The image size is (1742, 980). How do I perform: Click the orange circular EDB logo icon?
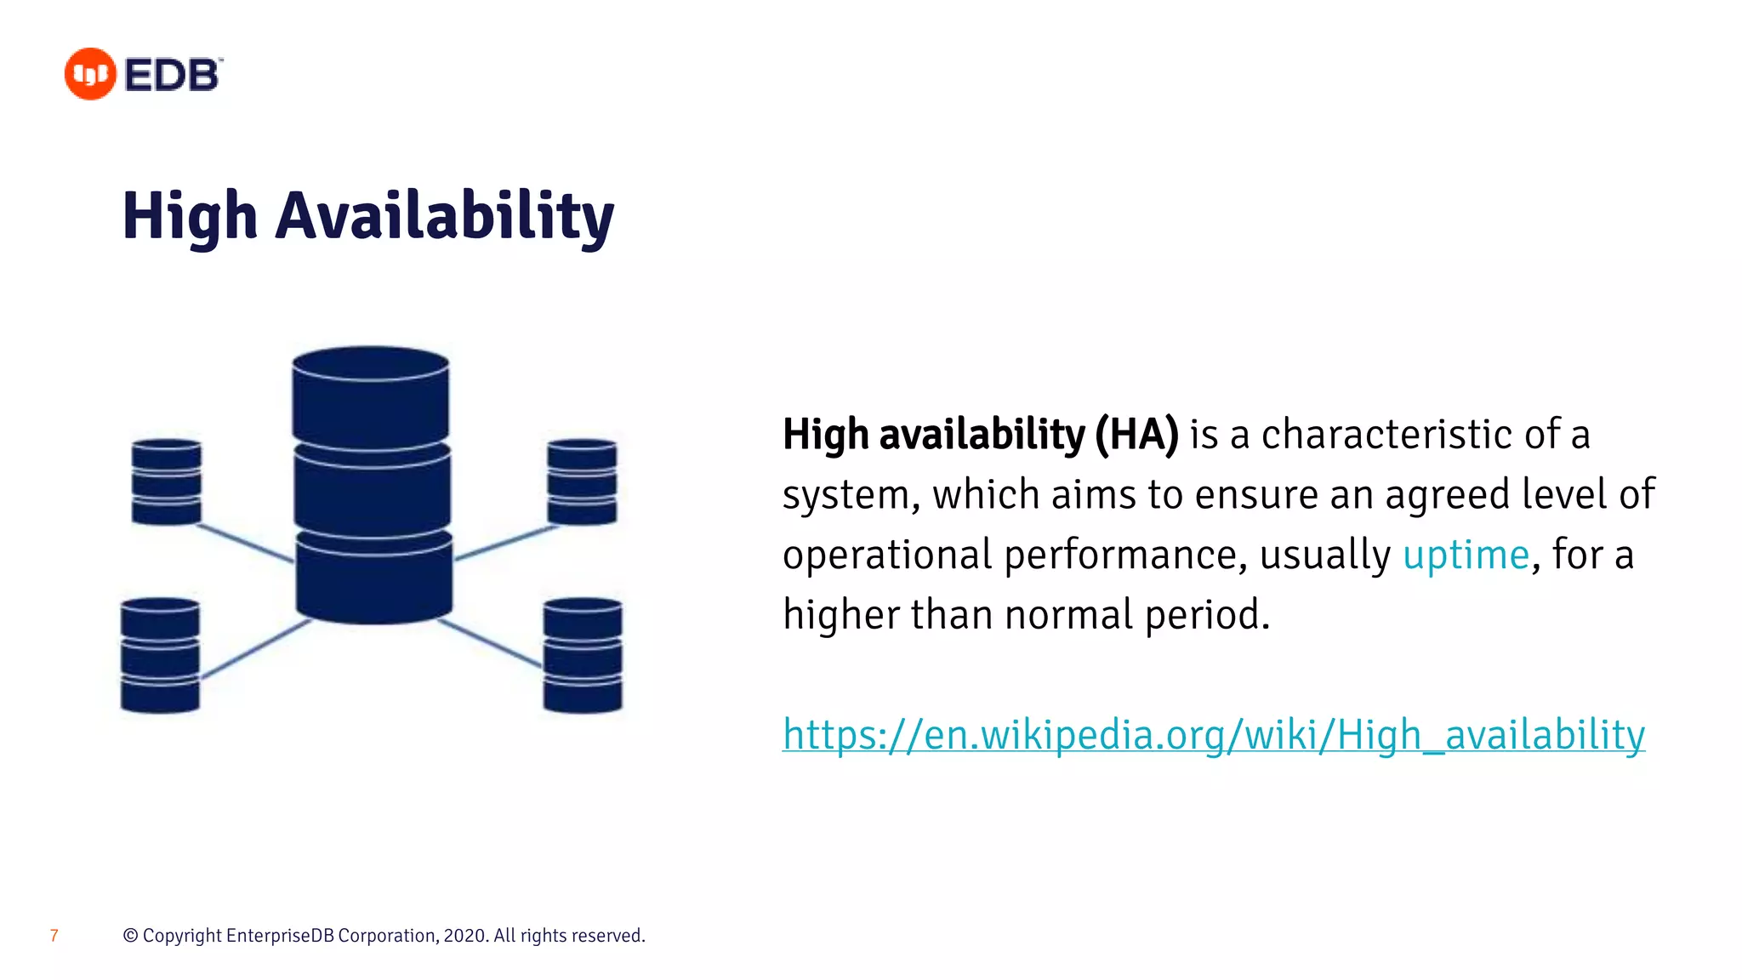(x=90, y=74)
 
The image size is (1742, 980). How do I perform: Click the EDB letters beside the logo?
(x=173, y=75)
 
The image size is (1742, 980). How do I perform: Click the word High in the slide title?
(x=190, y=216)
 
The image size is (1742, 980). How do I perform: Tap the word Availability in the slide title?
(x=444, y=216)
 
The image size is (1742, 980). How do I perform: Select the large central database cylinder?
(x=372, y=485)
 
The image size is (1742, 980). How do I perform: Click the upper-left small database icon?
(x=167, y=481)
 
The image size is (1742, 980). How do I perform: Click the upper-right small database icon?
(x=582, y=481)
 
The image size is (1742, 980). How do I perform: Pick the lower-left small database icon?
(x=160, y=655)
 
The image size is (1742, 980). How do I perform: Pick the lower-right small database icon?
(x=583, y=655)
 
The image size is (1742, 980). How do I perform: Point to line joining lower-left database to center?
(x=255, y=649)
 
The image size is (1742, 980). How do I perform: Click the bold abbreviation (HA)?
(x=1136, y=435)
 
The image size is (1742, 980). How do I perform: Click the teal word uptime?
(x=1466, y=556)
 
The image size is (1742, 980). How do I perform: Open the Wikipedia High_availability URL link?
(x=1213, y=734)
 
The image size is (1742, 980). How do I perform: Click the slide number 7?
(x=54, y=936)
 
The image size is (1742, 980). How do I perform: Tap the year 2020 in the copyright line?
(x=464, y=936)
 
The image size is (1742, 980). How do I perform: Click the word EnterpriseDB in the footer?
(x=280, y=936)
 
